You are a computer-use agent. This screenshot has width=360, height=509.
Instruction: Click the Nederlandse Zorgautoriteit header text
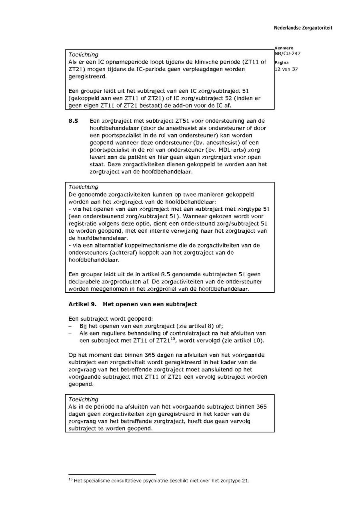tap(303, 28)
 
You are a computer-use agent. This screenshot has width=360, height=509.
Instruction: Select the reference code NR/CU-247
tap(287, 54)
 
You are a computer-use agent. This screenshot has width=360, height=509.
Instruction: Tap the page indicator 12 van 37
tap(286, 69)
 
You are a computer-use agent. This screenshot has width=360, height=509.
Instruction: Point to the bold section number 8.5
tap(73, 121)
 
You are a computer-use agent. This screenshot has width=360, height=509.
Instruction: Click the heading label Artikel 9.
tap(82, 304)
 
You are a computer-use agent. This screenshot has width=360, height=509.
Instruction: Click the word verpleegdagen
tap(208, 69)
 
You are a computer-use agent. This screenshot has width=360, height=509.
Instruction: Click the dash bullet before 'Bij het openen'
tap(70, 326)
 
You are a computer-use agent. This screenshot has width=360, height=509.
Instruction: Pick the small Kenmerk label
tap(284, 48)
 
